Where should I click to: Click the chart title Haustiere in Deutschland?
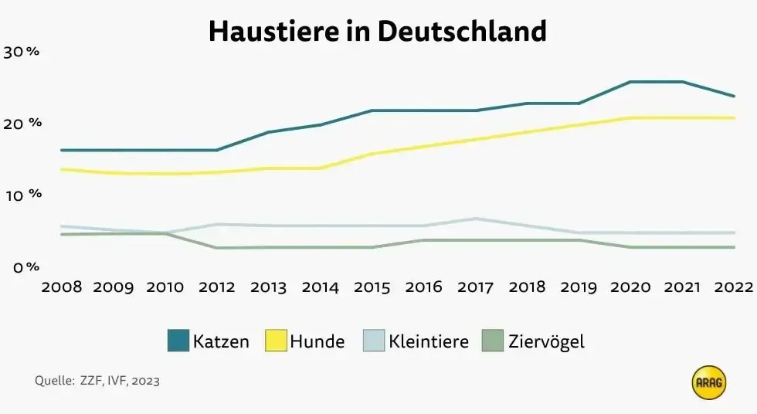378,32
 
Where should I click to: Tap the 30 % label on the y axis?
22,53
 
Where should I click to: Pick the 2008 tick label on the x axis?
62,287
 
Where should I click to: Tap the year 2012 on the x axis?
217,287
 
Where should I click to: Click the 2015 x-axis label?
372,287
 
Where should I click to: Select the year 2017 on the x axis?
476,287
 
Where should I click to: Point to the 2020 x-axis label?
630,287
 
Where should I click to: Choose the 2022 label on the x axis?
733,287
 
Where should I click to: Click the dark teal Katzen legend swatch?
178,341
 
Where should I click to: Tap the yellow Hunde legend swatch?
276,341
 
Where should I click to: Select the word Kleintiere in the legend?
429,341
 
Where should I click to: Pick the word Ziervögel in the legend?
546,341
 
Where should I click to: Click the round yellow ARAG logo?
709,383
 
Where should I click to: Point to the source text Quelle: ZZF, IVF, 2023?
97,381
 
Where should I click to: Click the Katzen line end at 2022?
733,97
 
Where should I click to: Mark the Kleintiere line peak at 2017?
476,219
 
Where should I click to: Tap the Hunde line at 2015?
372,154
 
